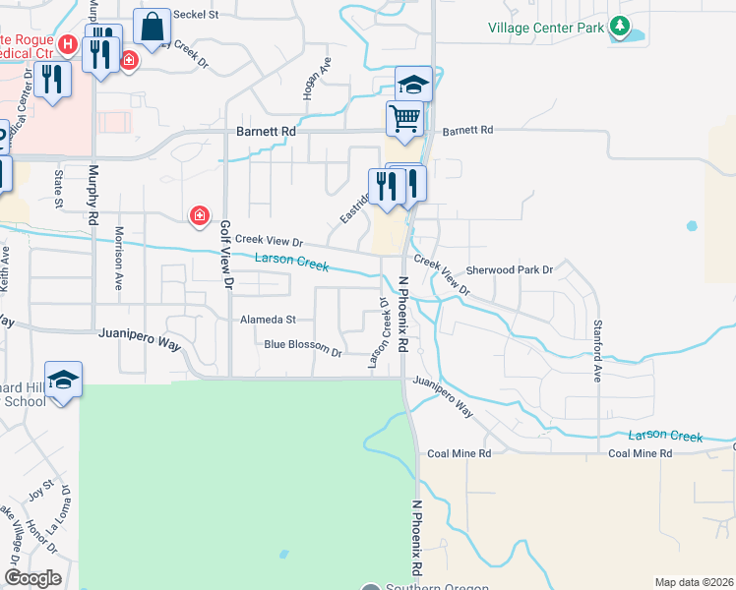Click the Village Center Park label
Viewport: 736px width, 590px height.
click(546, 28)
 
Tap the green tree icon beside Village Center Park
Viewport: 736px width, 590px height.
click(619, 27)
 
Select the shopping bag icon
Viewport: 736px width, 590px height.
click(153, 29)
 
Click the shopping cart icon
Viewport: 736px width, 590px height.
click(404, 119)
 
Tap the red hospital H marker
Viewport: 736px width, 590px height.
click(68, 43)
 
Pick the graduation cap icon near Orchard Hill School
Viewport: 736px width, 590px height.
click(63, 381)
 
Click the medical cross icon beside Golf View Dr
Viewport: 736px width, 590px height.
click(199, 215)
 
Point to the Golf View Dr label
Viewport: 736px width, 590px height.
click(225, 254)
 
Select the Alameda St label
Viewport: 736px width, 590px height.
click(268, 320)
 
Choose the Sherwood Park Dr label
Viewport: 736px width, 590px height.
click(510, 268)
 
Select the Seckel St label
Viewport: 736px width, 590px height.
click(194, 15)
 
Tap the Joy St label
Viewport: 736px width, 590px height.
click(40, 488)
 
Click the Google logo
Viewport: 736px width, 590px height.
click(33, 577)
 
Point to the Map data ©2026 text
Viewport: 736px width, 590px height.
click(694, 582)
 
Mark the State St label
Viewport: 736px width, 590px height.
click(58, 189)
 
